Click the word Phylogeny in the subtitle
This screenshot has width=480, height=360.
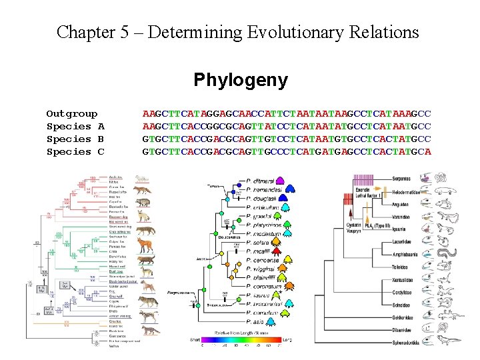pos(241,81)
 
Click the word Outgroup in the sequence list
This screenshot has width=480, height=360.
pos(71,114)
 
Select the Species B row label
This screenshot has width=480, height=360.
pos(75,139)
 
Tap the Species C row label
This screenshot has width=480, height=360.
pos(75,152)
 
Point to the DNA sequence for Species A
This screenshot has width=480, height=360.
pos(287,127)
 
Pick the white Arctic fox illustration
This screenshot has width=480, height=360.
pos(141,179)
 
